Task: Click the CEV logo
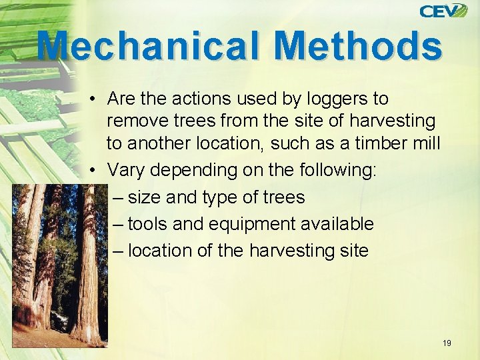(x=443, y=11)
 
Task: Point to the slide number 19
(x=447, y=343)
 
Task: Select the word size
(x=143, y=197)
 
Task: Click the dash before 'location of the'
(x=118, y=251)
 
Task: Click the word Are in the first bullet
(x=120, y=99)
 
